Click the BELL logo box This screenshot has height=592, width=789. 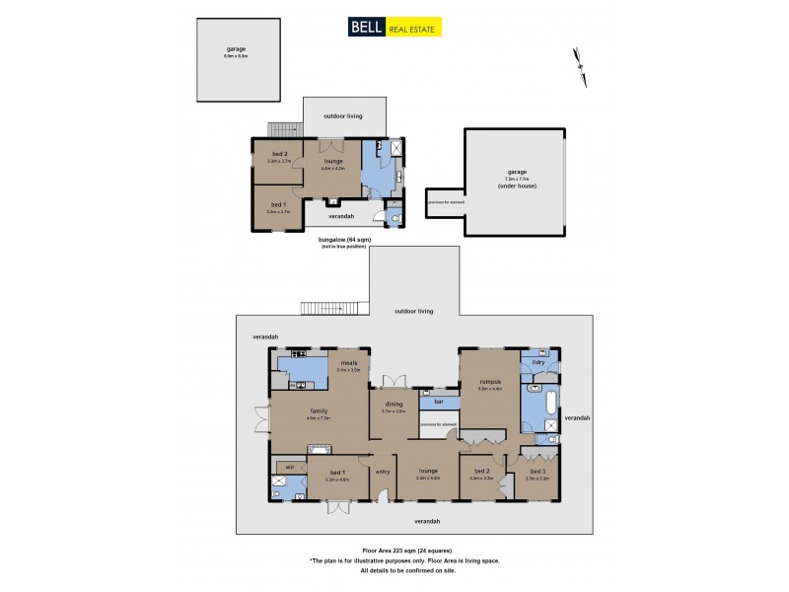point(365,28)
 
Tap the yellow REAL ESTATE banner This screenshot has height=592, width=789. point(412,28)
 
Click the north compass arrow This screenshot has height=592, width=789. point(578,59)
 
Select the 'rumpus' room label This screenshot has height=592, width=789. point(490,381)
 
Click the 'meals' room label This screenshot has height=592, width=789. point(348,362)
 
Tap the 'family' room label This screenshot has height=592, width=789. point(318,410)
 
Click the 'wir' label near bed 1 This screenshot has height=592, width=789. point(290,466)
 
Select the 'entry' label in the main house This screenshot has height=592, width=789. point(383,471)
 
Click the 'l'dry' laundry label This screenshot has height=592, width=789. point(538,362)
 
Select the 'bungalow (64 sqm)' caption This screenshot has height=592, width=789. point(337,239)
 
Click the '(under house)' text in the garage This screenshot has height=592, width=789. point(513,186)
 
